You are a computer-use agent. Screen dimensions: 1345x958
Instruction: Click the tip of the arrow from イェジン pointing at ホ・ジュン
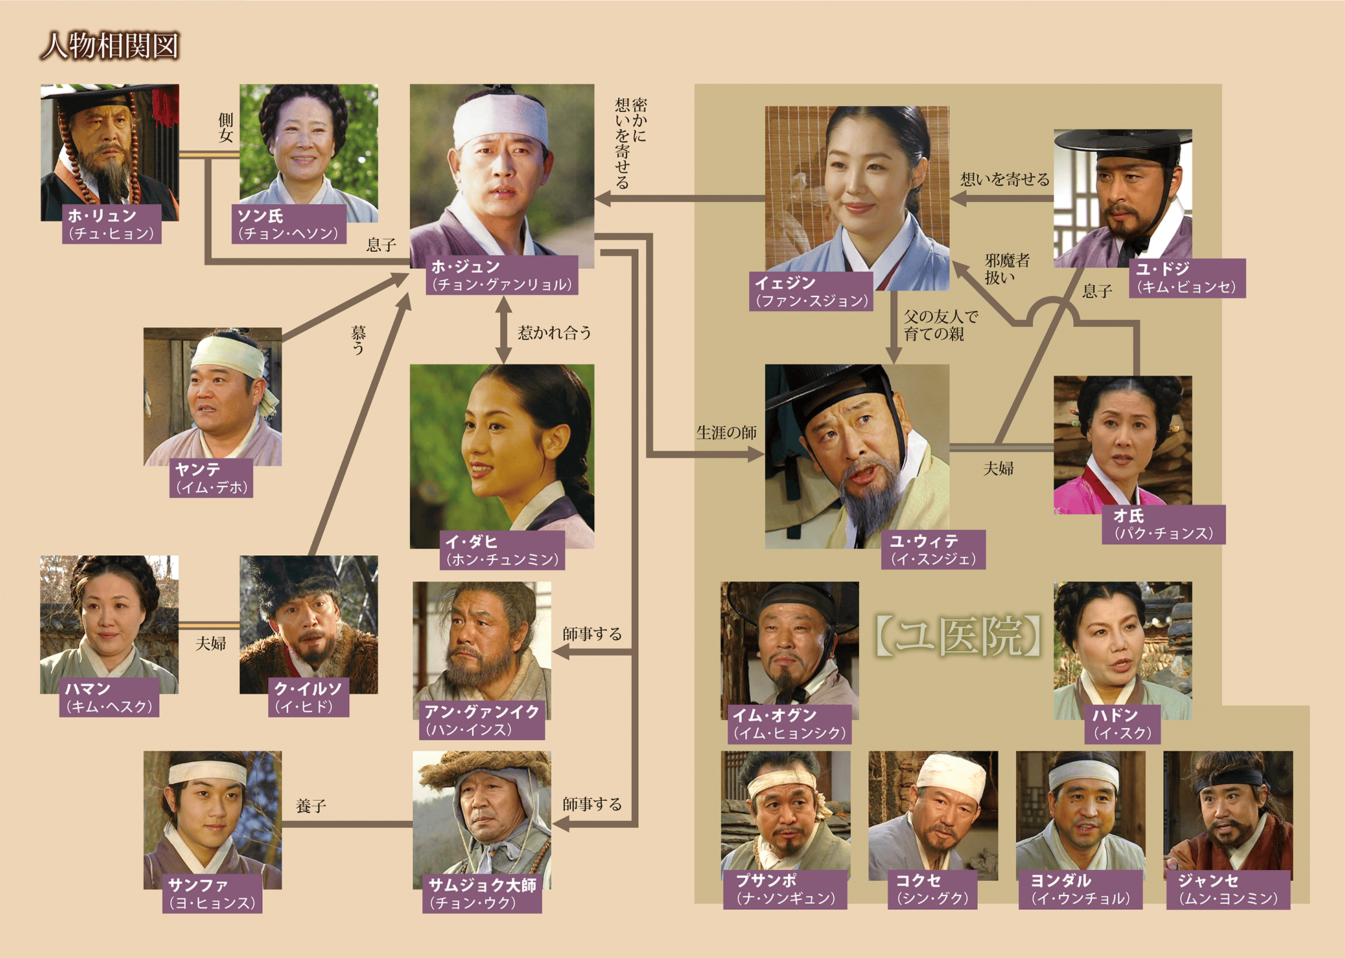coord(595,199)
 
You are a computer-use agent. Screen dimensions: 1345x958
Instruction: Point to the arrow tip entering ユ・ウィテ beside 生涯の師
coord(764,454)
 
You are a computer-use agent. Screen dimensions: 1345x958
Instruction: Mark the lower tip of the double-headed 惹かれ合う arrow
coord(504,363)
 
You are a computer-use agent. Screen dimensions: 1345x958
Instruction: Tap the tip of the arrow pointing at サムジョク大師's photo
coord(553,823)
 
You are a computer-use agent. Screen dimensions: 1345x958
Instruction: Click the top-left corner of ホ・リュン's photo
coord(40,84)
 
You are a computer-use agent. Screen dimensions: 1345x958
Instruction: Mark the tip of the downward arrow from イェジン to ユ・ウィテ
coord(893,364)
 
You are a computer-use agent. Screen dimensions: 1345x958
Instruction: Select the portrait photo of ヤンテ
coord(213,397)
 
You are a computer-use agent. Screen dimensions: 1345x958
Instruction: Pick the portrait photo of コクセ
coord(933,815)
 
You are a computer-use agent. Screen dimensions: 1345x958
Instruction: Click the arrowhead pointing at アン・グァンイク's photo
coord(553,652)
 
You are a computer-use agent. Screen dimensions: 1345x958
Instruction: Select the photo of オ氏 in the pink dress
coord(1123,445)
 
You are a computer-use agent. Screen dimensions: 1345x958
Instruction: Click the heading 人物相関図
coord(110,47)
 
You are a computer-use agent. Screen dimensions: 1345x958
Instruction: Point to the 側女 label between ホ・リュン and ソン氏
coord(226,128)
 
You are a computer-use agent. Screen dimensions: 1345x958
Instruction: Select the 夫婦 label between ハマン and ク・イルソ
coord(211,644)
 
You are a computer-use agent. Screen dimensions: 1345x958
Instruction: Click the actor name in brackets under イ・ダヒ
coord(503,559)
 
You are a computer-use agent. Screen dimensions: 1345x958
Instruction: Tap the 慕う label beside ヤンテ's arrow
coord(359,340)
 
